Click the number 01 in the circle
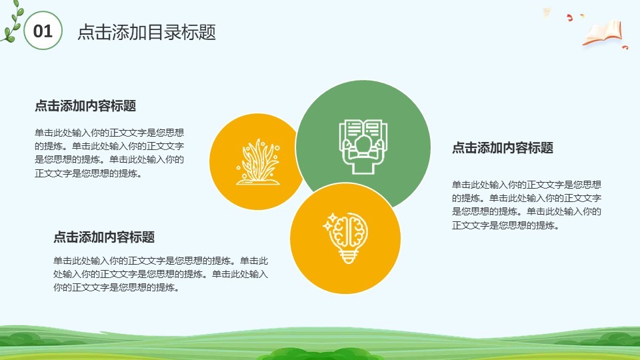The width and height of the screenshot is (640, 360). pos(43,31)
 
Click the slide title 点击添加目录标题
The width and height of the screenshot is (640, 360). pos(147,32)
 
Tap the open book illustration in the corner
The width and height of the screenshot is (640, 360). pos(603,33)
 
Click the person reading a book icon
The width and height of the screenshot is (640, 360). pos(363,147)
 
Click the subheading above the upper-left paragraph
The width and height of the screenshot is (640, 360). pos(85,106)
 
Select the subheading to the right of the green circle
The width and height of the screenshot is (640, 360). pos(503,148)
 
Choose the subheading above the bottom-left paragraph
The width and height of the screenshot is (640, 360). pos(104,237)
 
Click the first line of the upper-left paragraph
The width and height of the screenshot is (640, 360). pos(109,133)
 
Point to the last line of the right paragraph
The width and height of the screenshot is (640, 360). pos(505,225)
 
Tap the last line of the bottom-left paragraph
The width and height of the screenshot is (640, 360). pos(116,287)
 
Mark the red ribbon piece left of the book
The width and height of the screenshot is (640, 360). pos(569,17)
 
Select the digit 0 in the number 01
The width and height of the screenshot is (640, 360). pos(38,31)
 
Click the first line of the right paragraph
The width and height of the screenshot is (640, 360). pos(527,185)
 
